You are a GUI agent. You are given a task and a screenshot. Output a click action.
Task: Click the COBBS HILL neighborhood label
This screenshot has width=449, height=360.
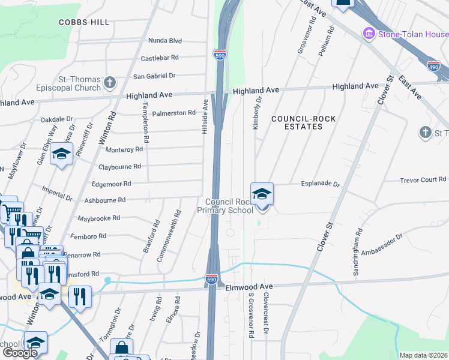coord(84,22)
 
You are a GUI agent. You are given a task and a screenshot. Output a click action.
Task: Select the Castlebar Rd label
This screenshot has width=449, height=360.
coord(160,58)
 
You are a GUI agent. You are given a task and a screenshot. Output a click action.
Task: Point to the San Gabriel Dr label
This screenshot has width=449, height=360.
coord(154,76)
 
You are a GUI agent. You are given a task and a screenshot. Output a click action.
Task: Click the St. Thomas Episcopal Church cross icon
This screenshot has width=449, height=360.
coord(109,82)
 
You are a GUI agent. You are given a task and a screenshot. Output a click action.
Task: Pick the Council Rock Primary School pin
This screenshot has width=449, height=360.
coord(262,194)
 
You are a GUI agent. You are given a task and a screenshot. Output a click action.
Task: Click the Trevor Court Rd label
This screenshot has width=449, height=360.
coord(423,180)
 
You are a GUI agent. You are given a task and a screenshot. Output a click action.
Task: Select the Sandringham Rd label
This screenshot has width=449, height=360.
coord(359,248)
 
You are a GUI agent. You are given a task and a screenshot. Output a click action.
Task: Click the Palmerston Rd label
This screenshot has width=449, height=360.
coord(175,113)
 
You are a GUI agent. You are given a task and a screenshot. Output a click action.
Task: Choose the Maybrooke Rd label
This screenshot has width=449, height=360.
coord(99,218)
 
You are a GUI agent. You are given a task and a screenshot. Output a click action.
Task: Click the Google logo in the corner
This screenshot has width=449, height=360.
coord(20,353)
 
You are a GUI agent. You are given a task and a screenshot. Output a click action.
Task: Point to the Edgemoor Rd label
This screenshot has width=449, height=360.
coord(110,184)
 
